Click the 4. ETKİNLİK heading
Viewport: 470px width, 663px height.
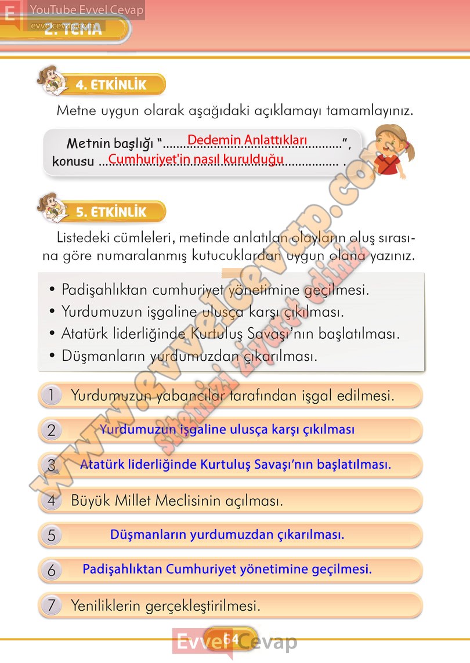coord(111,85)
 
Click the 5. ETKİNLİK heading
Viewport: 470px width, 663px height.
coord(111,212)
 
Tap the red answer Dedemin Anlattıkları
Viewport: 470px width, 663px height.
coord(247,140)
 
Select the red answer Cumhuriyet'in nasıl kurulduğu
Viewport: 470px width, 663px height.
coord(196,158)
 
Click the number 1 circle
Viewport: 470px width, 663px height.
coord(52,396)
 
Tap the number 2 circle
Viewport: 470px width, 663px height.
coord(52,430)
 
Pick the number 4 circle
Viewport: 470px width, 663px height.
coord(52,500)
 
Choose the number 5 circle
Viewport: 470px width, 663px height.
coord(52,535)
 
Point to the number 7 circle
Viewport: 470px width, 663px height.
coord(52,606)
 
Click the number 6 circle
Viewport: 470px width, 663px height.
coord(52,570)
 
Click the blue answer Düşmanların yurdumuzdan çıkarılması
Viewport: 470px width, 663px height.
coord(227,534)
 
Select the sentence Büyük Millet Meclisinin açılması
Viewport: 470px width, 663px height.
coord(177,500)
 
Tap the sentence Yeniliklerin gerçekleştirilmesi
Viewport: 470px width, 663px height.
coord(165,606)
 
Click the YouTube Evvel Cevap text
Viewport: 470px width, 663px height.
coord(86,10)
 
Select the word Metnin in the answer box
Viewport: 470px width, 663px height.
coord(87,143)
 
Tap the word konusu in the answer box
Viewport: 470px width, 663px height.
coord(73,161)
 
